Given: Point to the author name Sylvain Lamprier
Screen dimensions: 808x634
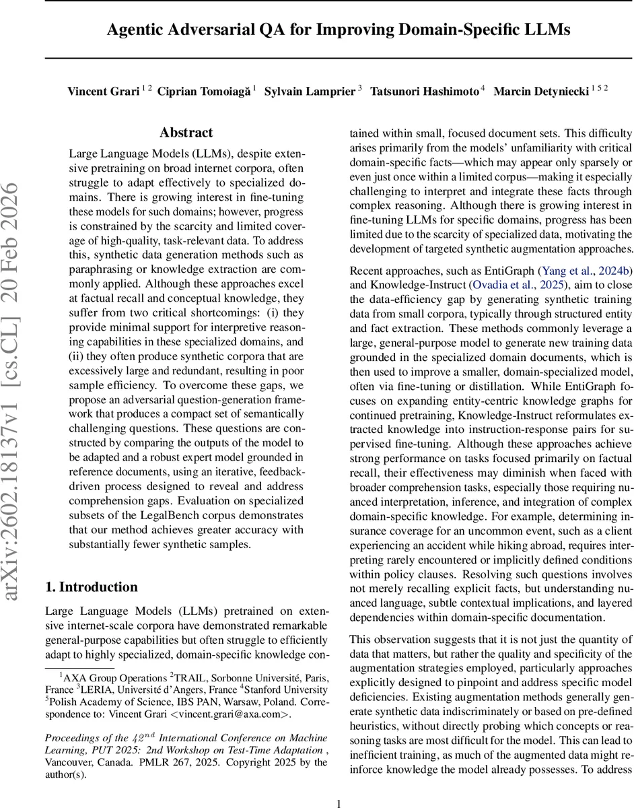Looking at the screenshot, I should pyautogui.click(x=309, y=92).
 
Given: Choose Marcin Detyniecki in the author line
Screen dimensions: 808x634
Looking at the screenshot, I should pyautogui.click(x=541, y=92).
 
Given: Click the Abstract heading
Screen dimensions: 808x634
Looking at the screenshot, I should pyautogui.click(x=186, y=133).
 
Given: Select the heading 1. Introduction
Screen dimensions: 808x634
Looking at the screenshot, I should pyautogui.click(x=92, y=586).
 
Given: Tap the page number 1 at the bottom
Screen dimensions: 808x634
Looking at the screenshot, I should pyautogui.click(x=339, y=784).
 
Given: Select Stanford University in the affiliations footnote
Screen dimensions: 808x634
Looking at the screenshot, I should pyautogui.click(x=285, y=689).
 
